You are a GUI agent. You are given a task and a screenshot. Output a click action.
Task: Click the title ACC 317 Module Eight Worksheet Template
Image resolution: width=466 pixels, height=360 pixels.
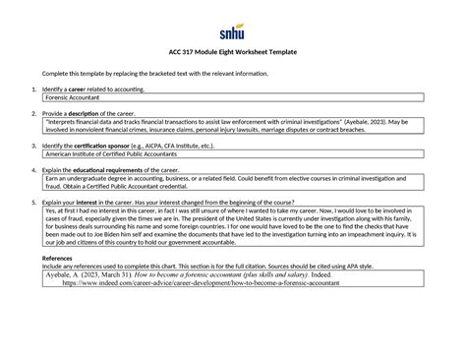232,51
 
